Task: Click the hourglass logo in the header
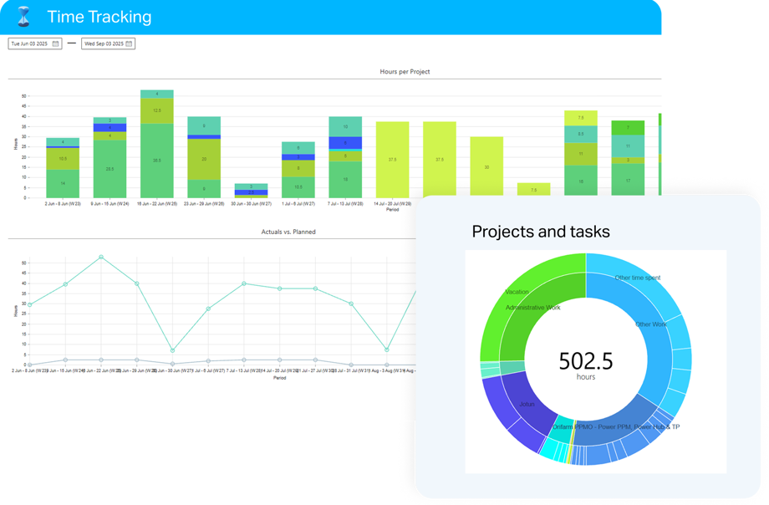point(23,17)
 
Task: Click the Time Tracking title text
point(99,17)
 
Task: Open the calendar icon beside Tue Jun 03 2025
point(55,43)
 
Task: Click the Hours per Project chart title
point(405,72)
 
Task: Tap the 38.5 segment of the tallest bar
point(157,160)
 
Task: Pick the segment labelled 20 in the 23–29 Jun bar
point(204,158)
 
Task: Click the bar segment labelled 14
point(63,183)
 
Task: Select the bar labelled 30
point(486,167)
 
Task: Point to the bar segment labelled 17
point(628,181)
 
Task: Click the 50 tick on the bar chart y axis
point(24,96)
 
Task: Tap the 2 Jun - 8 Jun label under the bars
point(62,203)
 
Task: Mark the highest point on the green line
point(101,258)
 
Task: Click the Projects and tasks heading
point(540,232)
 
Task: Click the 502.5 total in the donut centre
point(585,360)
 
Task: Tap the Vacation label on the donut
point(517,292)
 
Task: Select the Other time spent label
point(637,278)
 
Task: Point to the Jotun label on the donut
point(527,404)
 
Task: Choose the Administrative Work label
point(532,307)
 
